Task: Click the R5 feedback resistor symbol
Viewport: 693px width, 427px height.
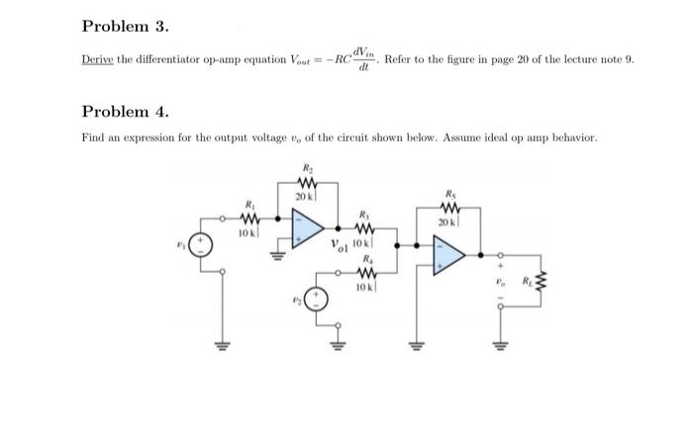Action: (x=450, y=209)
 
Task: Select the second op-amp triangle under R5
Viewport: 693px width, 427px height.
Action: (x=449, y=255)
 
